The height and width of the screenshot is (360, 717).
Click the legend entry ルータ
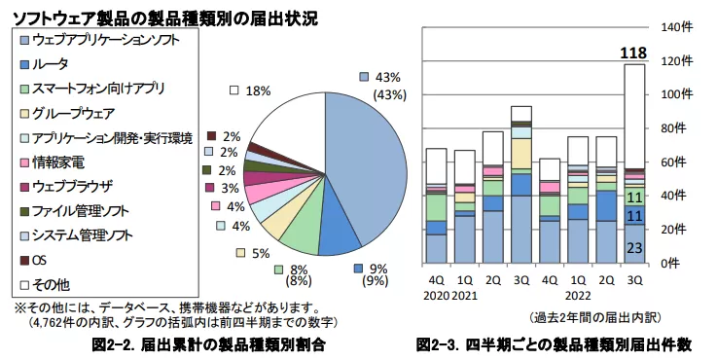51,64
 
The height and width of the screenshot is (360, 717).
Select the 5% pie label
261,253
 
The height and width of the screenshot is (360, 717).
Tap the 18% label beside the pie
257,90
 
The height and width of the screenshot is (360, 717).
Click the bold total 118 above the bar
633,52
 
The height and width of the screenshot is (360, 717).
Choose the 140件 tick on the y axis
675,27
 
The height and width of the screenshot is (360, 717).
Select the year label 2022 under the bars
577,296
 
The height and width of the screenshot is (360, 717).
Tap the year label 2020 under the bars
436,296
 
